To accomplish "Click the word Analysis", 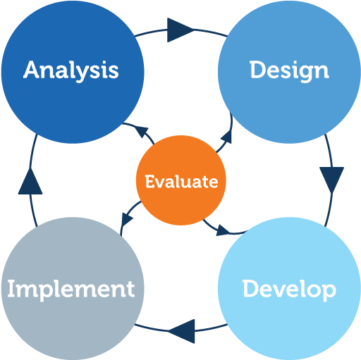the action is [x=71, y=70].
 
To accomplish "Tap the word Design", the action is [x=289, y=70].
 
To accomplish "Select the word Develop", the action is [x=289, y=290].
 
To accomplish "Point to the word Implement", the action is [x=71, y=290].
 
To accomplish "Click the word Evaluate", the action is [x=182, y=182].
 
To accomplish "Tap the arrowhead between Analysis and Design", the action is [x=180, y=30].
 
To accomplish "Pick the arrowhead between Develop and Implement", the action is [x=182, y=331].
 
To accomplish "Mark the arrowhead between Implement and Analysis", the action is [x=30, y=181].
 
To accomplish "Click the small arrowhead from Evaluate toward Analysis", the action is [x=142, y=132].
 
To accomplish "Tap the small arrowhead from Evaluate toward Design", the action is [x=227, y=137].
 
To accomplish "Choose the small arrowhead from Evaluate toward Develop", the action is [x=223, y=230].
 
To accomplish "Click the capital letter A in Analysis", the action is [x=32, y=70].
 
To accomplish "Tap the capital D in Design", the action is [x=257, y=70].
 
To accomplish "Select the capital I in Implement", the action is [x=11, y=288].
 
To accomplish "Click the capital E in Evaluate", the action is [x=149, y=182].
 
